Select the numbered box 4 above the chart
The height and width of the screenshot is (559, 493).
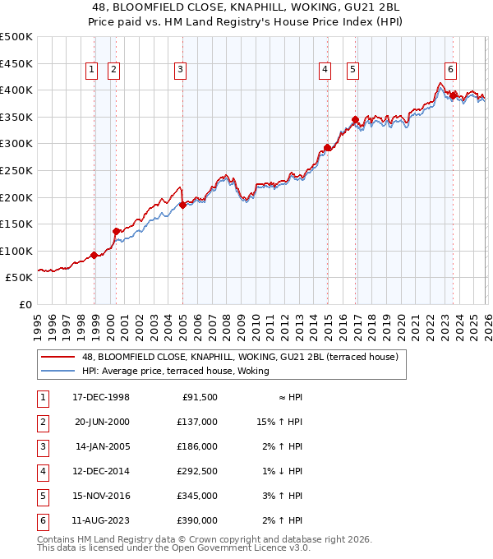click(x=325, y=71)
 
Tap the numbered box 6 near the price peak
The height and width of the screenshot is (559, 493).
click(x=451, y=71)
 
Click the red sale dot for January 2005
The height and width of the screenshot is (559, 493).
click(x=182, y=206)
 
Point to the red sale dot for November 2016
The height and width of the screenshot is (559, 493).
click(x=355, y=119)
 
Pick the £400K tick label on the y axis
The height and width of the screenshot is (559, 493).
click(x=16, y=90)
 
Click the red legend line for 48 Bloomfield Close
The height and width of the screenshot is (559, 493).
click(x=58, y=357)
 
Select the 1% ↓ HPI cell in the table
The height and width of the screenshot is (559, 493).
click(x=283, y=471)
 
